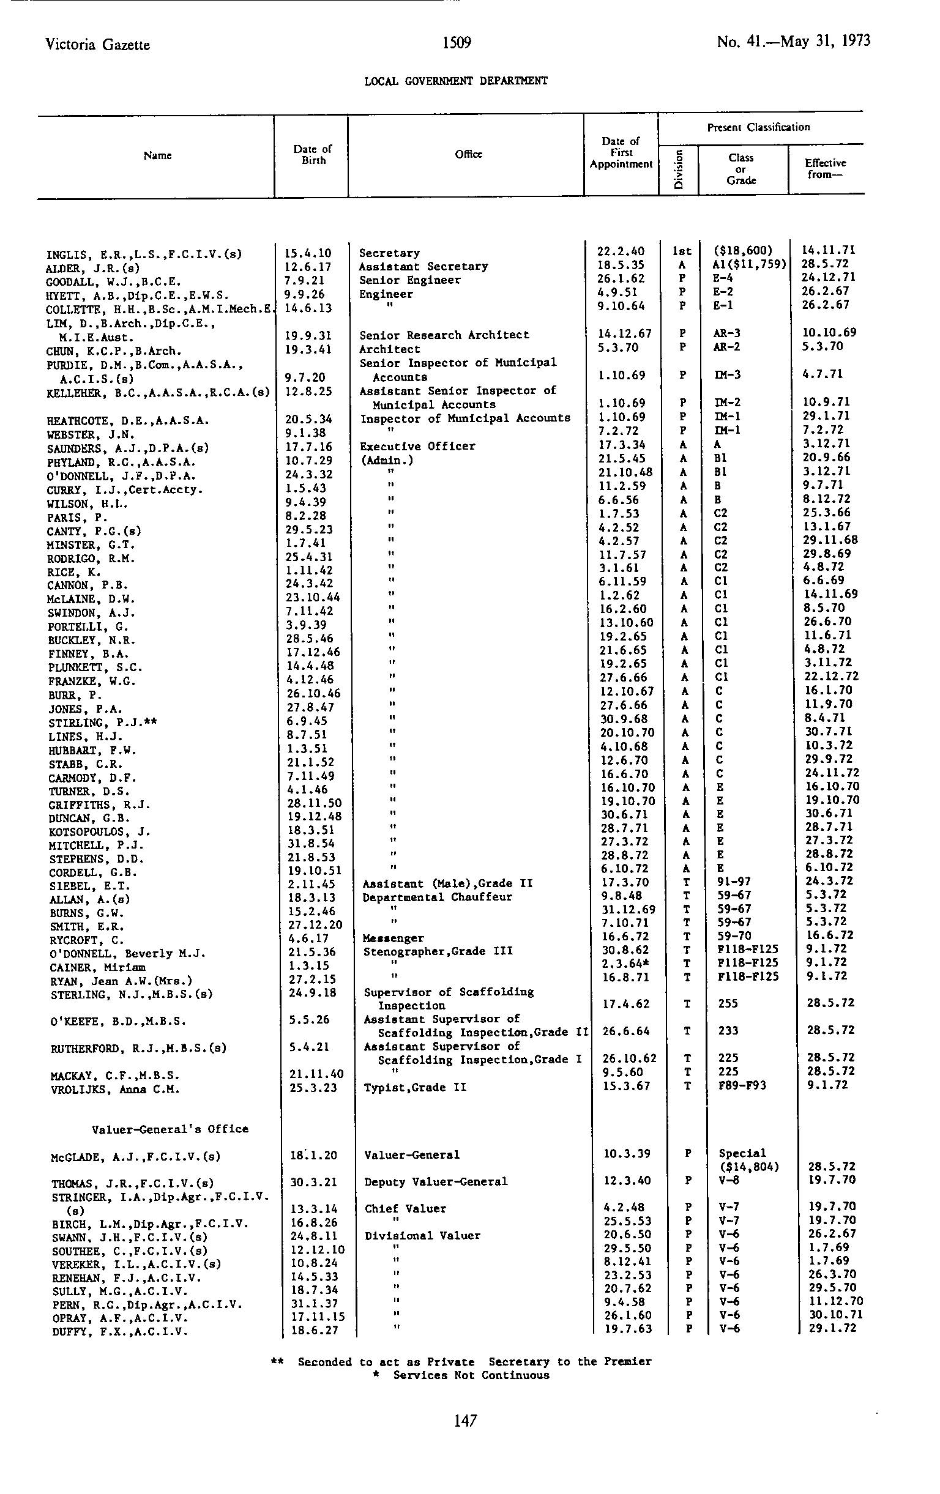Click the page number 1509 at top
457,42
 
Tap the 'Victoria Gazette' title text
97,45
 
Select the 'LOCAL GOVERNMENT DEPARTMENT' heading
455,81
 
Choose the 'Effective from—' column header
825,168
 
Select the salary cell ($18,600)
743,251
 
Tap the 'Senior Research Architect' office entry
444,335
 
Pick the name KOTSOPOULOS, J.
99,832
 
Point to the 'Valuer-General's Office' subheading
170,1129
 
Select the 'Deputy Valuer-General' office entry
436,1182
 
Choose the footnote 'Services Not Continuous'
471,1375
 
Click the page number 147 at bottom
464,1421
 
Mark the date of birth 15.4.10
308,253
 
